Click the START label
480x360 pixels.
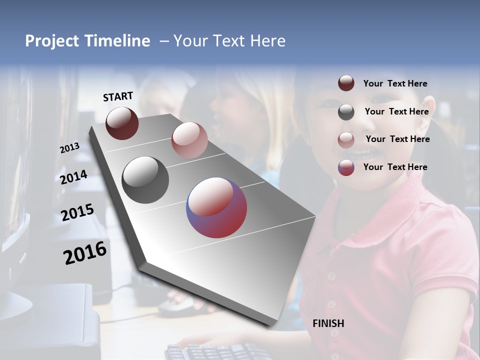118,96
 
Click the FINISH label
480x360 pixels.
328,323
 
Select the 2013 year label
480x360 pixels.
69,147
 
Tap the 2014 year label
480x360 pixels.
73,177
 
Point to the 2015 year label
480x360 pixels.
77,212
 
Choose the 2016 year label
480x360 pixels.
85,253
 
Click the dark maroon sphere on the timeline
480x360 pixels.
122,123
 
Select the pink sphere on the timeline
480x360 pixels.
189,140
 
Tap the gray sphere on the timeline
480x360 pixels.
145,180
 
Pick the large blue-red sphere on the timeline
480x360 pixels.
216,207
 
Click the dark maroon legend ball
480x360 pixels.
346,83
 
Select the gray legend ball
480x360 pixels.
346,112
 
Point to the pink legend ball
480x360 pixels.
346,139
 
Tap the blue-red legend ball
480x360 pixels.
346,167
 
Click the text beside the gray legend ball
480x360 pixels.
396,111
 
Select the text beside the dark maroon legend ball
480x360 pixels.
395,83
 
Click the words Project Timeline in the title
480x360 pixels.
87,41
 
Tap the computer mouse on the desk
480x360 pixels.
175,303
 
